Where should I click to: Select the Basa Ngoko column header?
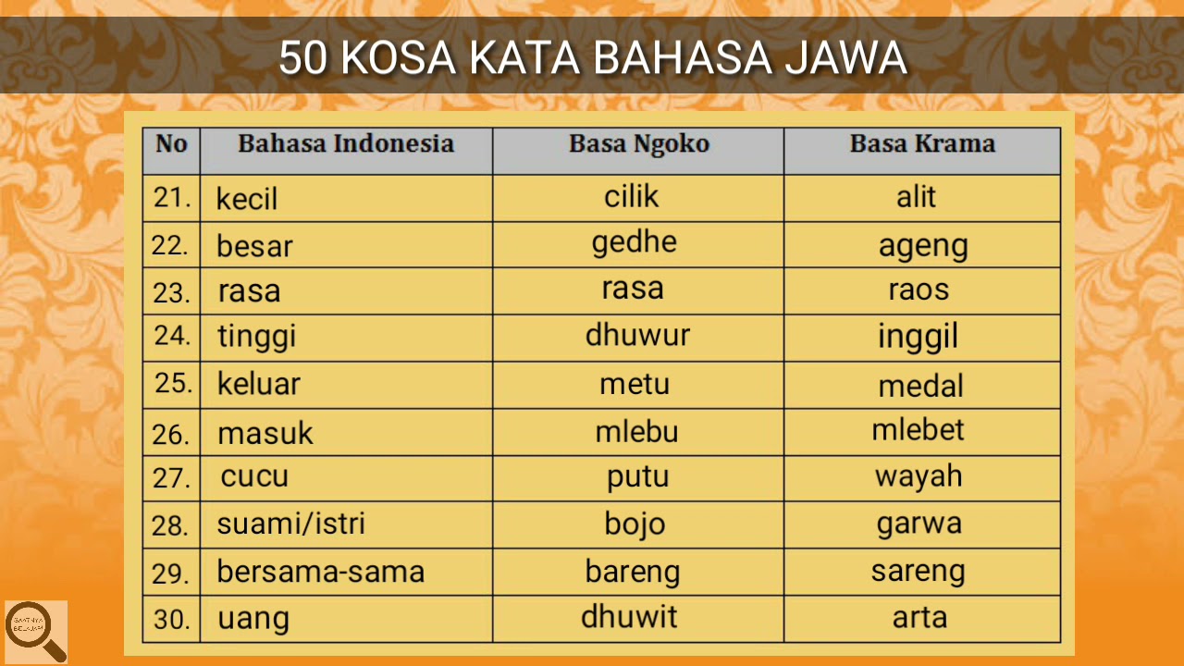638,143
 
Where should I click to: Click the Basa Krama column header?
922,143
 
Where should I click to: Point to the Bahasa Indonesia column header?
346,143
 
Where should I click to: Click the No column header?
171,143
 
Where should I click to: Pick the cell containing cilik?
632,196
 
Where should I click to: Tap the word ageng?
923,246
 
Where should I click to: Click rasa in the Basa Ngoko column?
633,288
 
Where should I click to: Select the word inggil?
918,338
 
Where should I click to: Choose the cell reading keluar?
259,384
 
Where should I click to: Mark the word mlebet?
918,430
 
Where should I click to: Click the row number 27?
171,479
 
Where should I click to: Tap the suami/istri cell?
290,524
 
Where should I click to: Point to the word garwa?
919,524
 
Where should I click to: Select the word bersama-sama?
321,572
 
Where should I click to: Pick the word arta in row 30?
919,618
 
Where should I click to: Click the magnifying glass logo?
36,632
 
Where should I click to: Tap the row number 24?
172,336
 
